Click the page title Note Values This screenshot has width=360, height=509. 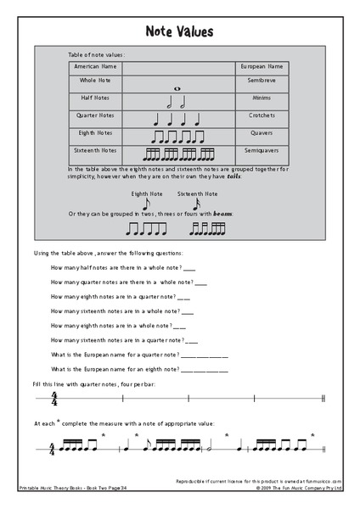coord(179,32)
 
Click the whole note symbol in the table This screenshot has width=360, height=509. coord(177,87)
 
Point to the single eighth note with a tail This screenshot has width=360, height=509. coord(146,204)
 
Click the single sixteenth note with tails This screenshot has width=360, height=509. coord(195,204)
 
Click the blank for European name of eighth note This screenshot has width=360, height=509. coord(205,370)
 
